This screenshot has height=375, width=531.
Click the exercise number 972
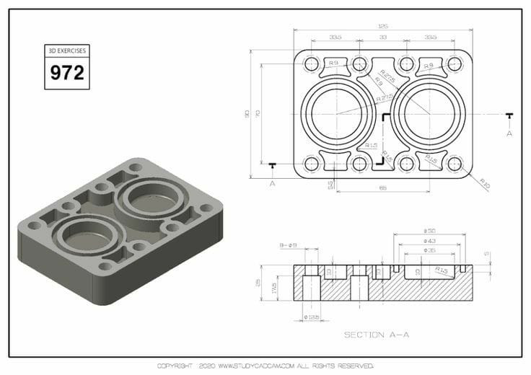66,72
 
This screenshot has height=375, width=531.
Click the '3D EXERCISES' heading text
66,50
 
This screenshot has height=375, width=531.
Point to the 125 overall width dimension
382,27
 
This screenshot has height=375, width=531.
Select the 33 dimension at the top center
382,37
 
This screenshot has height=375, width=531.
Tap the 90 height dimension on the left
247,114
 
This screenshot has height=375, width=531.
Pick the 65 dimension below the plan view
382,188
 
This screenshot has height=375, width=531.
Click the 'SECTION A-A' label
376,334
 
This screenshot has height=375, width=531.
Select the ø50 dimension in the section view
429,231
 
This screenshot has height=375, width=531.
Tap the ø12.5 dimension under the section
311,317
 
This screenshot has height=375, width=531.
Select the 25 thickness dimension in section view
258,282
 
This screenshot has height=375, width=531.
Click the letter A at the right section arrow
509,133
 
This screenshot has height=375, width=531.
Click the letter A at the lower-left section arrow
272,183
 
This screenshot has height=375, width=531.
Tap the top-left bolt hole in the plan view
312,64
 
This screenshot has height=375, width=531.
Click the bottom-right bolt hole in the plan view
454,164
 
